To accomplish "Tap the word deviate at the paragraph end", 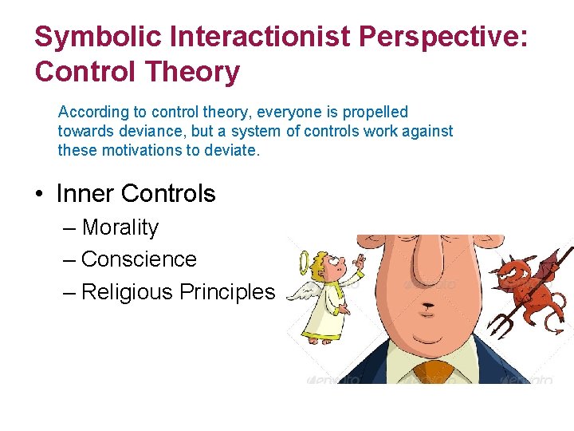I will pyautogui.click(x=231, y=150).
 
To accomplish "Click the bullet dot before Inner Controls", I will pyautogui.click(x=41, y=194).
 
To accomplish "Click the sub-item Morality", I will pyautogui.click(x=120, y=227).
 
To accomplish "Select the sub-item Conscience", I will pyautogui.click(x=139, y=259).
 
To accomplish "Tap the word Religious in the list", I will pyautogui.click(x=127, y=292).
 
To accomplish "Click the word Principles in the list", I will pyautogui.click(x=226, y=292).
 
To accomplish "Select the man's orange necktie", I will pyautogui.click(x=432, y=371).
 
